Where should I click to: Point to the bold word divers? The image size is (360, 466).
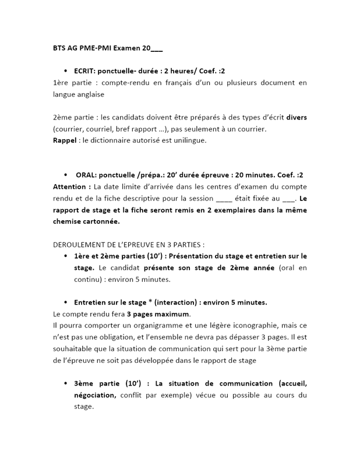click(297, 117)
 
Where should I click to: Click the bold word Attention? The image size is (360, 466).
click(72, 186)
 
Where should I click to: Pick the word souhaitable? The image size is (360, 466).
click(74, 348)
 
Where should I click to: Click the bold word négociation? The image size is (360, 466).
click(95, 395)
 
